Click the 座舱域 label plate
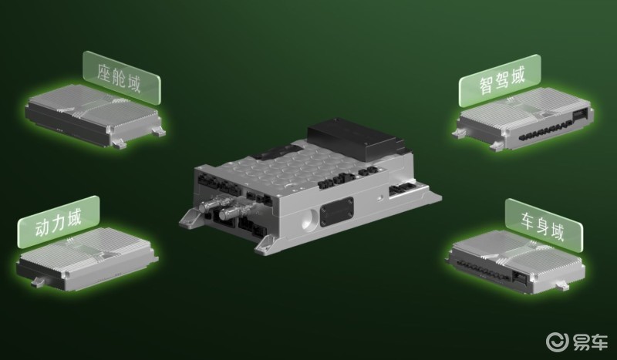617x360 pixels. click(122, 78)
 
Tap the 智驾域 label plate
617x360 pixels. click(500, 80)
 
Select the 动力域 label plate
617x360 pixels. click(59, 222)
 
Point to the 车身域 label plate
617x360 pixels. click(544, 225)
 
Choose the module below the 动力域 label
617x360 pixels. click(86, 259)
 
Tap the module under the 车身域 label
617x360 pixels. click(515, 261)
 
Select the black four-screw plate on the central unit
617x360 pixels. click(336, 212)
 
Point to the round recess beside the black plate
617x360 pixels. click(310, 220)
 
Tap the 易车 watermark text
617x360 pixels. click(589, 341)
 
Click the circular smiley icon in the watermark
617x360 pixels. click(557, 341)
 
